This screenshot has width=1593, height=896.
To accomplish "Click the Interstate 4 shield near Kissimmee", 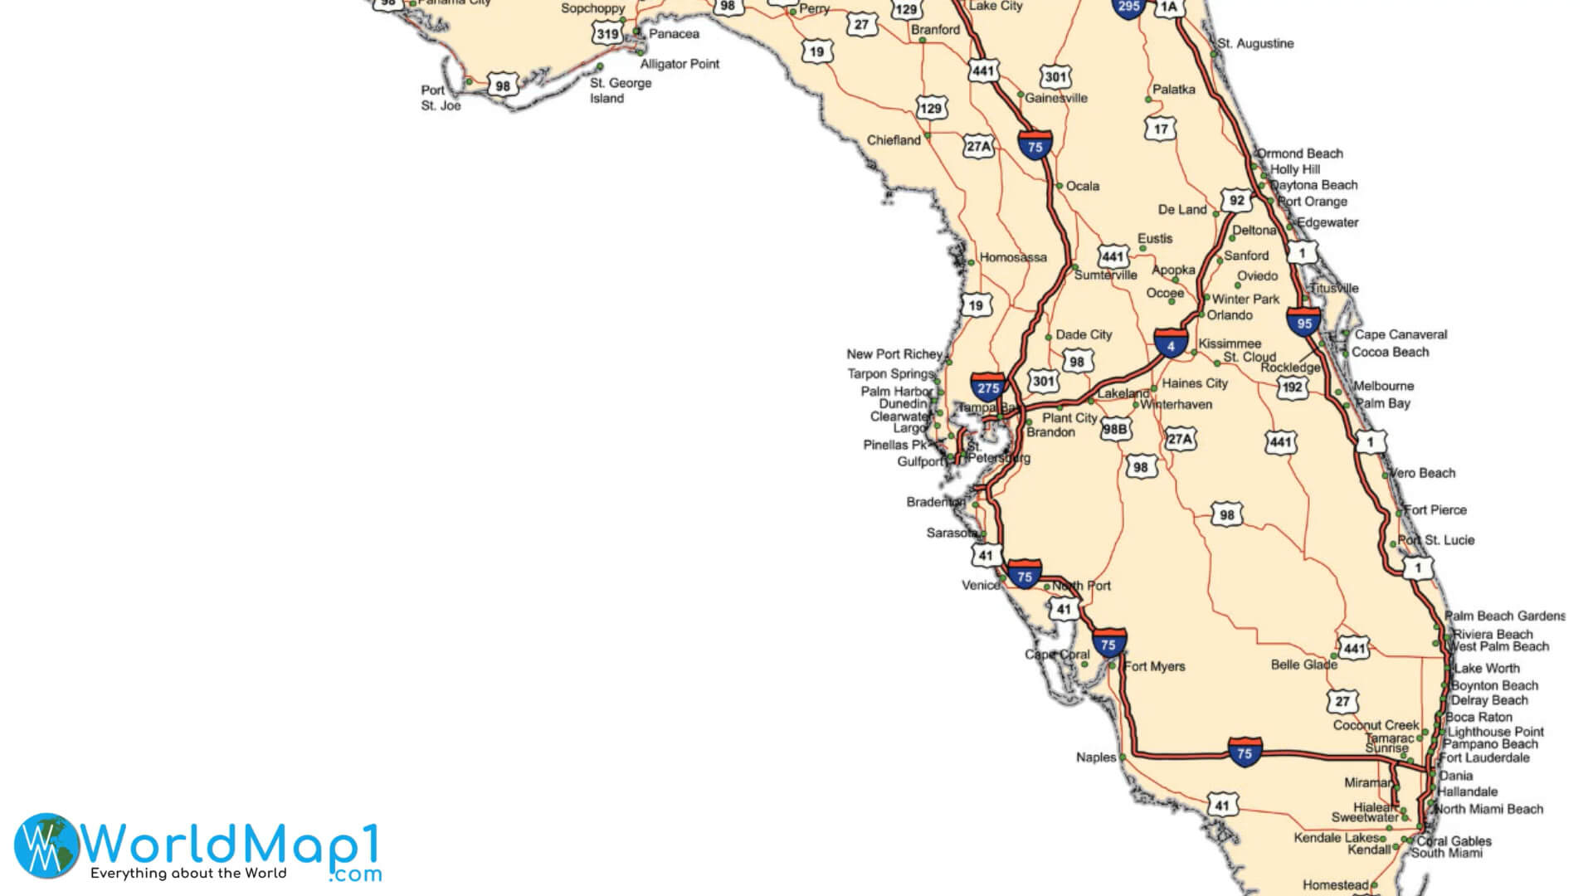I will [1170, 344].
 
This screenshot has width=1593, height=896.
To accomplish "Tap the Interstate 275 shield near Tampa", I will [988, 387].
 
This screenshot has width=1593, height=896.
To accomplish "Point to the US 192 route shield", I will [1292, 387].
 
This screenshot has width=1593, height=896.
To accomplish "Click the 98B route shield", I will [1114, 429].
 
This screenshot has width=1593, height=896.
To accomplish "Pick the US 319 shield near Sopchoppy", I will [607, 34].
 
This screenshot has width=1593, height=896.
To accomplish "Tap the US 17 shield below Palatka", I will [1160, 129].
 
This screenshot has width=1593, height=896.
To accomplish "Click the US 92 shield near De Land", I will [1236, 201].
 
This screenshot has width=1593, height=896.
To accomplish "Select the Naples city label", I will [1095, 757].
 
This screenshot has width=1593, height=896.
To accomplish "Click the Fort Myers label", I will [1155, 666].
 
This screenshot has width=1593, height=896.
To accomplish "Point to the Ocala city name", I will [1082, 186].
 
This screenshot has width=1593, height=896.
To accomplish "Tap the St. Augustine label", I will [1255, 43].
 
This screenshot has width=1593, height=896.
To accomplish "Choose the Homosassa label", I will [1013, 257].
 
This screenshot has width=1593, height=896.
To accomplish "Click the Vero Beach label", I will [1422, 473].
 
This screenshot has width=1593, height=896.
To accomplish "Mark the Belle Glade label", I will [1303, 665].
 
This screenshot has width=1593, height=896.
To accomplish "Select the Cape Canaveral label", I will [1401, 334].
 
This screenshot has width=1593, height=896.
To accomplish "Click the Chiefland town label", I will [894, 140].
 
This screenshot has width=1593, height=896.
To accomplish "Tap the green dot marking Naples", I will [1123, 757].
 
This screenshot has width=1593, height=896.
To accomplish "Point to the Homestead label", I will [1335, 885].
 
